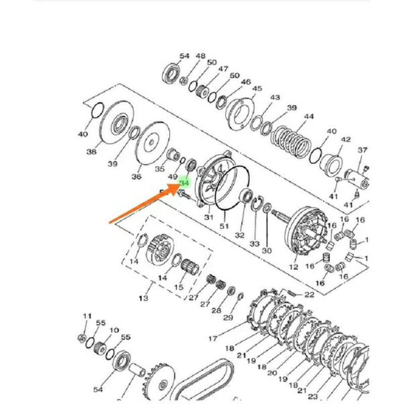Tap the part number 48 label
(x=200, y=56)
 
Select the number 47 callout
(x=223, y=69)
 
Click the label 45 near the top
(x=257, y=89)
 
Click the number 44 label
(x=309, y=117)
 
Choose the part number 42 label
(x=345, y=139)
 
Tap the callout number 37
(x=363, y=150)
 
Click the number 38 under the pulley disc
(x=91, y=151)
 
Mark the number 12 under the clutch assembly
(x=293, y=267)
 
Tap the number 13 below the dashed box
(x=143, y=298)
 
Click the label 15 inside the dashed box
(x=178, y=287)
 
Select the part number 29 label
(x=228, y=318)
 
